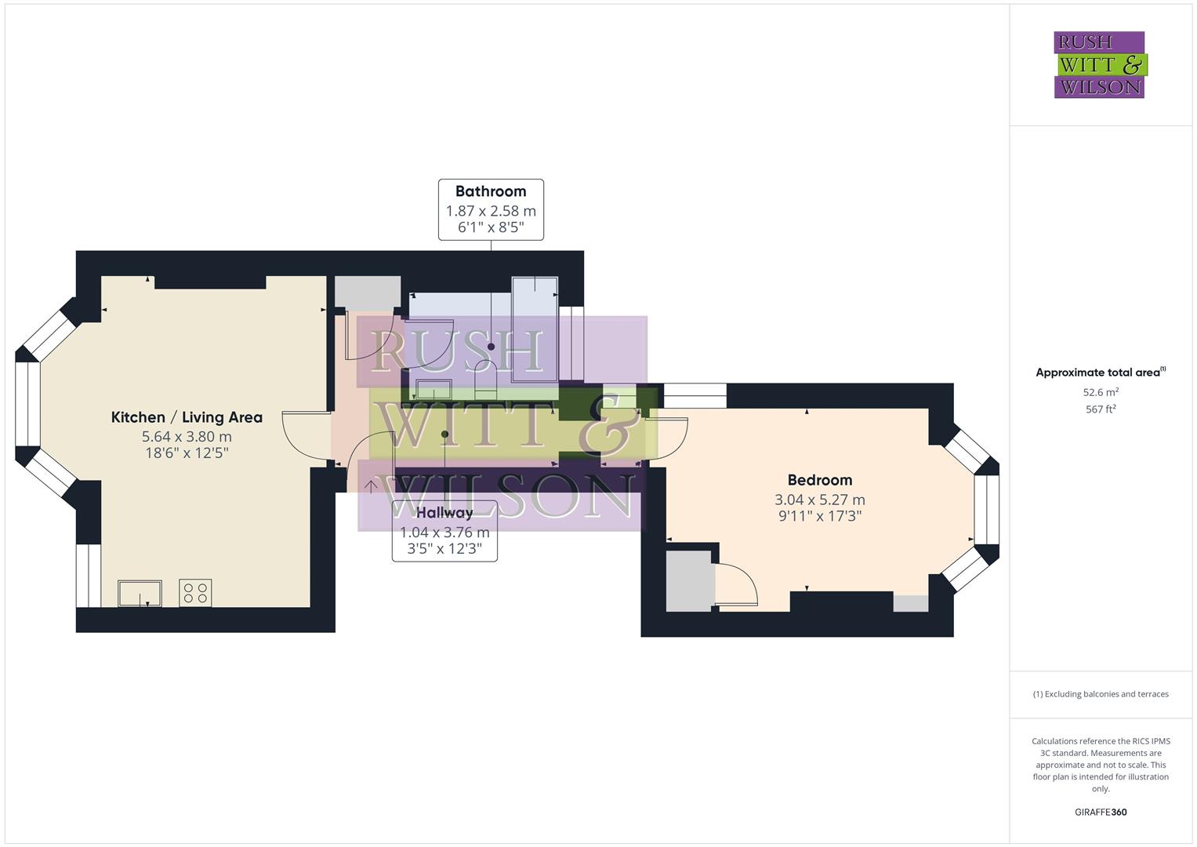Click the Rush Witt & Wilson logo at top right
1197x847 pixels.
coord(1099,64)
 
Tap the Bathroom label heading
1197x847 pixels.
coord(490,191)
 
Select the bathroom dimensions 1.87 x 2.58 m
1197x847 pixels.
coord(490,211)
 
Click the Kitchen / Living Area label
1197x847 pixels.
coord(187,417)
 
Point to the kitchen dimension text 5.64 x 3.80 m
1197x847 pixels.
coord(187,437)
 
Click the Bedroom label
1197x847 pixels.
coord(819,480)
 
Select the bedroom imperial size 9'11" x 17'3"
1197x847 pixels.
coord(819,516)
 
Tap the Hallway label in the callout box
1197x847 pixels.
coord(444,513)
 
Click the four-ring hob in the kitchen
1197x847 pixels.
coord(195,593)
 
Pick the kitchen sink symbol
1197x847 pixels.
coord(140,593)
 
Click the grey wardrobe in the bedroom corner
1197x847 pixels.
coord(687,580)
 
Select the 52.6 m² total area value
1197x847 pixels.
coord(1100,392)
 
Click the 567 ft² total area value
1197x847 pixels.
coord(1100,409)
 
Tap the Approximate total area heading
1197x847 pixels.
coord(1100,373)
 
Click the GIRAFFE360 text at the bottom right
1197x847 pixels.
coord(1100,812)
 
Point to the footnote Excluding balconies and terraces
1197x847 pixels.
coord(1100,694)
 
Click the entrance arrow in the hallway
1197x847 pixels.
coord(372,485)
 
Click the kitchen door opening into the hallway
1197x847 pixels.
coord(306,435)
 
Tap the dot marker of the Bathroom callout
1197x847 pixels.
coord(491,347)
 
